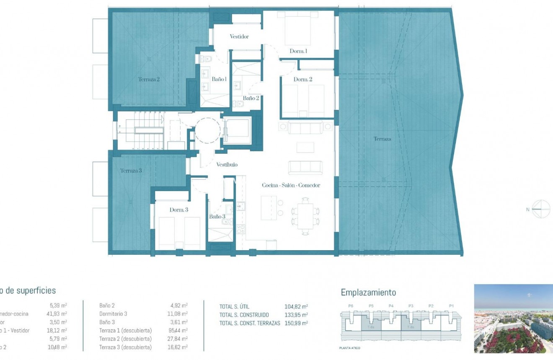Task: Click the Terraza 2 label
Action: (x=149, y=79)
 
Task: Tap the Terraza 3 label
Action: (x=131, y=171)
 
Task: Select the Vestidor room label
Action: (x=239, y=36)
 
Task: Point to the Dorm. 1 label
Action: (x=298, y=51)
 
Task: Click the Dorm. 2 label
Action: (x=303, y=79)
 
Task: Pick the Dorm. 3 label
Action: (x=178, y=210)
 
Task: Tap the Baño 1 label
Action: (x=219, y=79)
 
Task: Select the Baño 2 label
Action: (x=251, y=98)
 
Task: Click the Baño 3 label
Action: (x=217, y=217)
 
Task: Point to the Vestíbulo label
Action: (x=227, y=165)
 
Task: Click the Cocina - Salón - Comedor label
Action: (x=291, y=185)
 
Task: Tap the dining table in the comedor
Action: (x=305, y=216)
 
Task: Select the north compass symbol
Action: (x=541, y=209)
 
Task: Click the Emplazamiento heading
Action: (x=368, y=293)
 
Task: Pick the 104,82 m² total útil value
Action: (x=296, y=306)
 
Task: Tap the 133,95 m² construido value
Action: (x=296, y=315)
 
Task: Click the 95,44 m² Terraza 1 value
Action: (x=178, y=330)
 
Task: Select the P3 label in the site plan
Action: (x=411, y=306)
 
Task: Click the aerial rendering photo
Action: (x=513, y=319)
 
